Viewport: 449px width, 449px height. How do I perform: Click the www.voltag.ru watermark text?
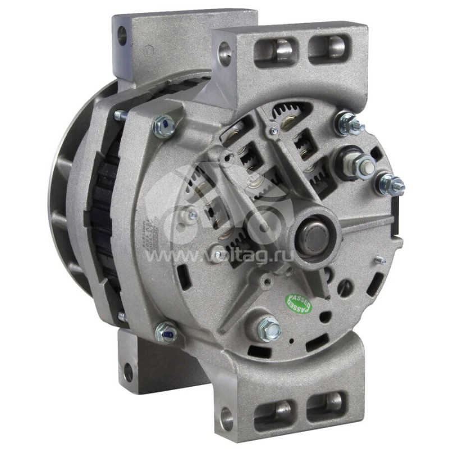224,255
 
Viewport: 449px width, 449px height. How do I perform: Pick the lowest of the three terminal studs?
391,184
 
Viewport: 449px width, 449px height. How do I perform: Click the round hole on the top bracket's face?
224,54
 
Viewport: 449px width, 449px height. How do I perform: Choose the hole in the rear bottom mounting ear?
128,371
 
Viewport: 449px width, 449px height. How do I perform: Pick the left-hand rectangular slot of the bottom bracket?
275,412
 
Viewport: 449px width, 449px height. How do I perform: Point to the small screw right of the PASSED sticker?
380,259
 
